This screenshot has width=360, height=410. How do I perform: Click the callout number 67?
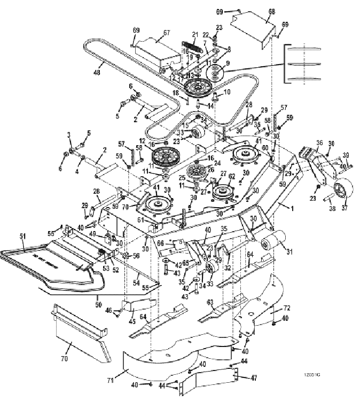(167, 33)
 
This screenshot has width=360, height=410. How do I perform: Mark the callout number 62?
(232, 176)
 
